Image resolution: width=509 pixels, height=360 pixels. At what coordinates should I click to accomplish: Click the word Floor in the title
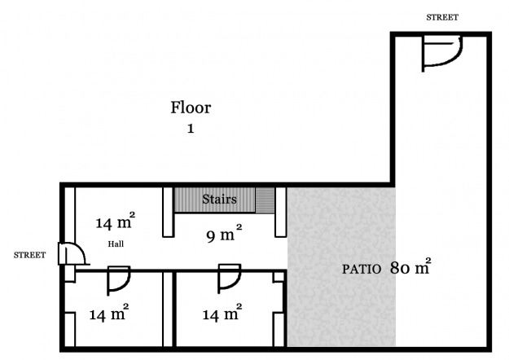click(x=191, y=108)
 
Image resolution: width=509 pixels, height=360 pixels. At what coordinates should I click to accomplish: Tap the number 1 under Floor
click(x=191, y=128)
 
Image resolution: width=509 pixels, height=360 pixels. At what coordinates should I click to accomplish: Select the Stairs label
click(x=219, y=199)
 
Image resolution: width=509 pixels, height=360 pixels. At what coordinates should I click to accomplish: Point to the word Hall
click(x=116, y=244)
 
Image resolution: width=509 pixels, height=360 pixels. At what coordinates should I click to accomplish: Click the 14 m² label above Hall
click(x=115, y=222)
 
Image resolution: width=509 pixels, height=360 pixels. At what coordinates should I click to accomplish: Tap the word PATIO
click(x=362, y=268)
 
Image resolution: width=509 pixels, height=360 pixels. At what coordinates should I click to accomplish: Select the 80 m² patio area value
click(x=410, y=266)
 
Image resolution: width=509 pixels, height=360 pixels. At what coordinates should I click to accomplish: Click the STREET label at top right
click(x=442, y=17)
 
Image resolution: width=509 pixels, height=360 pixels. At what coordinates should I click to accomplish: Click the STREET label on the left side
click(x=29, y=255)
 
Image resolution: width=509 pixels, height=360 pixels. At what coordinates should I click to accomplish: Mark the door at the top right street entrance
click(x=441, y=52)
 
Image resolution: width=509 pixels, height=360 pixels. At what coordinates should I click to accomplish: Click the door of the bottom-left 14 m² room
click(x=119, y=279)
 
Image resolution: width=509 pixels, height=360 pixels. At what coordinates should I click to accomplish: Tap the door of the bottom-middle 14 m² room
click(x=229, y=277)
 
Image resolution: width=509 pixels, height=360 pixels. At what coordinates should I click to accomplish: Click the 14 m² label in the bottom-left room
click(x=108, y=314)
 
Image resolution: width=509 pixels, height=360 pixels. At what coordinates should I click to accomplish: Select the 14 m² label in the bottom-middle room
click(x=220, y=314)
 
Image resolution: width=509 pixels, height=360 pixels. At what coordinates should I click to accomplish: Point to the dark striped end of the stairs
click(x=265, y=199)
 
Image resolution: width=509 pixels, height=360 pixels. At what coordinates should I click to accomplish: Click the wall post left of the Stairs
click(x=168, y=212)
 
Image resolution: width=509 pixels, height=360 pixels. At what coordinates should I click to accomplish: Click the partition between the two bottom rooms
click(x=169, y=310)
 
